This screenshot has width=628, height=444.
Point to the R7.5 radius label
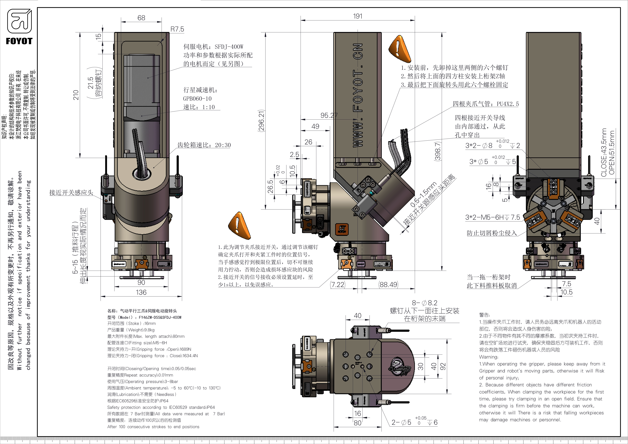(177, 29)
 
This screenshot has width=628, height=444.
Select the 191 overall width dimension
(358, 16)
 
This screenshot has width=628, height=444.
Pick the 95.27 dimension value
(329, 115)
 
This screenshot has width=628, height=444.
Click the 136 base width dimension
(141, 292)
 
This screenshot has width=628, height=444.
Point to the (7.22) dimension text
(338, 285)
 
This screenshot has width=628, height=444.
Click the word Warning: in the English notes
(489, 357)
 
